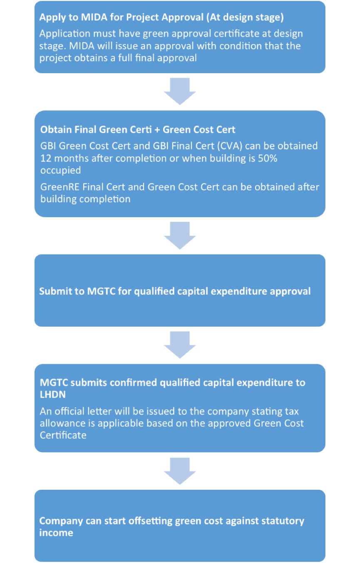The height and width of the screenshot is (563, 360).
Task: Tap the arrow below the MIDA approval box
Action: click(180, 91)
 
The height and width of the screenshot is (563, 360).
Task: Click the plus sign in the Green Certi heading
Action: click(157, 130)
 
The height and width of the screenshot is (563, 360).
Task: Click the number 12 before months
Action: click(46, 159)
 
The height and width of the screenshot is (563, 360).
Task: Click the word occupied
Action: click(61, 171)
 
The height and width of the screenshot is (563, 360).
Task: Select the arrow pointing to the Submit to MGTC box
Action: click(180, 236)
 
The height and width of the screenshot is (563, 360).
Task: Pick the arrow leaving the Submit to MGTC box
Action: click(180, 345)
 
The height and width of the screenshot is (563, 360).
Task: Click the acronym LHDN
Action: click(52, 394)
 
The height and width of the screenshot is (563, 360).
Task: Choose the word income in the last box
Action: click(56, 533)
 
